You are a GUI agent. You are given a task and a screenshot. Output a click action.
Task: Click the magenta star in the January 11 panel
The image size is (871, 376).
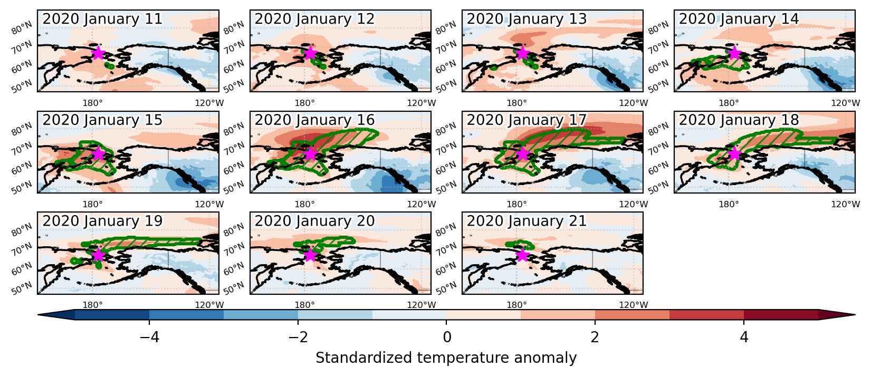[98, 53]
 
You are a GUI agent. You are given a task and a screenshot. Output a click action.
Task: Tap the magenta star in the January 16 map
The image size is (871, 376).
[310, 153]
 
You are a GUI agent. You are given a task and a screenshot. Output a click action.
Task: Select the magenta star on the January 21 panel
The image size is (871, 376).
[522, 255]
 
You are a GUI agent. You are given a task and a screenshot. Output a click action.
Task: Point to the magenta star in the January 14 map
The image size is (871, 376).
[734, 53]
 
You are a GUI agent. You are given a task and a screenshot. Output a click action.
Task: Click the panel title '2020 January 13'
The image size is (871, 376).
[527, 19]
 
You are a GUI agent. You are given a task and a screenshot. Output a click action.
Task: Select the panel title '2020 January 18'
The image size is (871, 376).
[739, 120]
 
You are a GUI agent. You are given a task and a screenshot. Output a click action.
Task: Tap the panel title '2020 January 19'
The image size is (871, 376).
[102, 221]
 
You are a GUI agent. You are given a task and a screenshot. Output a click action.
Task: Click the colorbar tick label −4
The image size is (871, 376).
[149, 337]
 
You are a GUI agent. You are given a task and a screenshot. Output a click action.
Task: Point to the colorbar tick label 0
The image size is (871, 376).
[447, 337]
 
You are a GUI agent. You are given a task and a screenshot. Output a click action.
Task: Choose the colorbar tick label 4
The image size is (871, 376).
[744, 337]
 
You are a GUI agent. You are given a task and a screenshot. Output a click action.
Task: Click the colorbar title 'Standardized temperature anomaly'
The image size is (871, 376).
[446, 358]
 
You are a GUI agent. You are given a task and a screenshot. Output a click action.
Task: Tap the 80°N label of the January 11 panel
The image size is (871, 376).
[22, 27]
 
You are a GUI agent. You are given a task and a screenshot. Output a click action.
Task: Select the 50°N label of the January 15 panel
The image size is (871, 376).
[22, 187]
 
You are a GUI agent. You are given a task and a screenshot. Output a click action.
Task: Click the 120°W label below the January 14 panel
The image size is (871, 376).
[845, 103]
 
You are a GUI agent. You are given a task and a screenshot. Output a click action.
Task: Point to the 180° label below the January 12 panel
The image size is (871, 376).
[304, 103]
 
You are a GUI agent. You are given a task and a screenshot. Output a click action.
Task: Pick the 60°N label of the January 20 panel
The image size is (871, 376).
[234, 268]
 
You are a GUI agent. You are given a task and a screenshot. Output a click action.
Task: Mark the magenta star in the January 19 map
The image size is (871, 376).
[98, 255]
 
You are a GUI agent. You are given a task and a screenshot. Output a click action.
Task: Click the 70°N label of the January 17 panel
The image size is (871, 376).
[446, 148]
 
